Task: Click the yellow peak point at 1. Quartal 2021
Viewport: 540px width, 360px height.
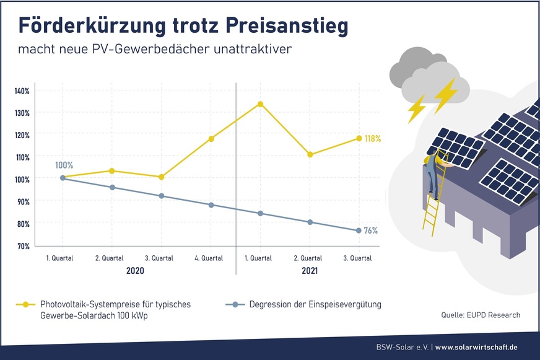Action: [x=261, y=103]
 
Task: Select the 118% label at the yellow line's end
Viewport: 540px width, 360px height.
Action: [x=372, y=138]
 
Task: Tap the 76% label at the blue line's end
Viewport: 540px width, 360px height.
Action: [x=371, y=230]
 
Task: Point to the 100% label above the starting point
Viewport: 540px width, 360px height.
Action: [x=64, y=165]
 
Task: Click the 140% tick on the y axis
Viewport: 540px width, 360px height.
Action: [x=22, y=91]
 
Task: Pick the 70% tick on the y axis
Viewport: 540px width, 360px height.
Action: [x=22, y=246]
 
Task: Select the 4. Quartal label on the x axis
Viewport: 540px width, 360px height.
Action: [x=208, y=258]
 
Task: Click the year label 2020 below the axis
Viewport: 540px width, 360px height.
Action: [x=135, y=271]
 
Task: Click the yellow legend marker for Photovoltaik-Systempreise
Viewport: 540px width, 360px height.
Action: [x=25, y=304]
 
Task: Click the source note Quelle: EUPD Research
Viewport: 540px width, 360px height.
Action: [x=481, y=315]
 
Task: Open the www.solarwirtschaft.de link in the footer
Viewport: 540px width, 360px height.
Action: [x=477, y=347]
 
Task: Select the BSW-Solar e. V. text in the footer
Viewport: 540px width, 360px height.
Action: [x=403, y=347]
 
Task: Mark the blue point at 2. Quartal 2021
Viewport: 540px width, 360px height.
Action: [x=310, y=222]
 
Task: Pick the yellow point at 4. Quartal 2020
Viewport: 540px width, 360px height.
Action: [x=211, y=139]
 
